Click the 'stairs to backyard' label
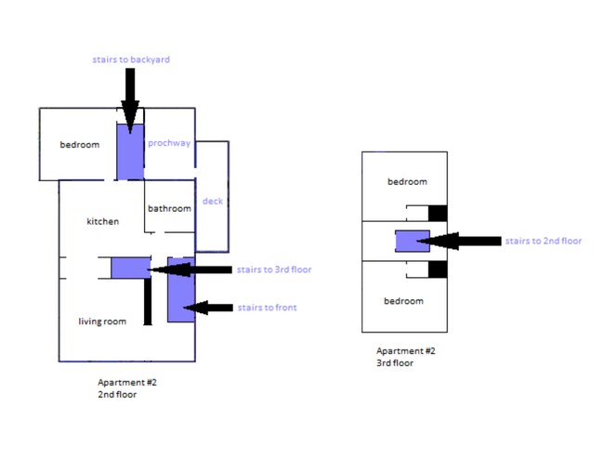131,59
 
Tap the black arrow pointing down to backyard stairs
129,98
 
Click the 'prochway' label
169,143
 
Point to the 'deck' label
212,201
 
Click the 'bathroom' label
169,208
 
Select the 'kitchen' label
103,221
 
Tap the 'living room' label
102,321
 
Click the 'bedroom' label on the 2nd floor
80,144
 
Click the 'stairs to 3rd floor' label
274,269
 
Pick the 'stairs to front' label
267,308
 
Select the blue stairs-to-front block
180,289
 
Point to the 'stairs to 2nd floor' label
544,241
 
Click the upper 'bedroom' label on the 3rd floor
407,181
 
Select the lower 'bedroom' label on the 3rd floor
404,301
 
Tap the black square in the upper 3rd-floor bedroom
437,213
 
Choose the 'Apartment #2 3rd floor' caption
405,357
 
